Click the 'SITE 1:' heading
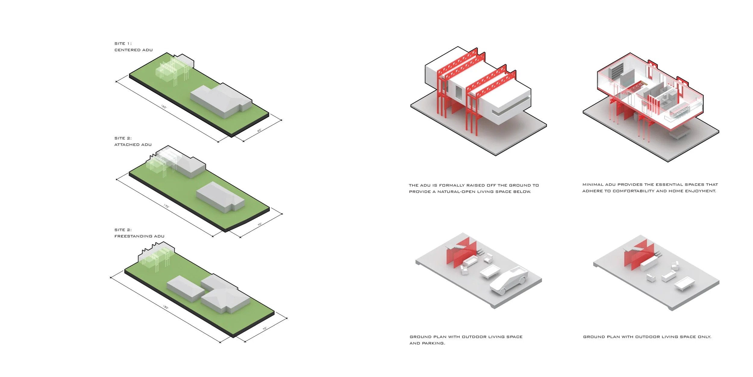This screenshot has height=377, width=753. coord(123,44)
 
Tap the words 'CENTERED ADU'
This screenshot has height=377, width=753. coord(133,50)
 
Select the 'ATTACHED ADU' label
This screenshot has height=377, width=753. coord(133,145)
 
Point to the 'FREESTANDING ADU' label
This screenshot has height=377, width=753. coord(139,236)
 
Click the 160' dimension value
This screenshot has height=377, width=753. coord(164,107)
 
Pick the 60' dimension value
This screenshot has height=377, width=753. coord(259,131)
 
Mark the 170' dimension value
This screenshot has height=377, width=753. coord(166,206)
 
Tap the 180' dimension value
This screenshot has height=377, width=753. coord(166,307)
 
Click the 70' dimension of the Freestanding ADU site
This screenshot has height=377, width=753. coord(264,328)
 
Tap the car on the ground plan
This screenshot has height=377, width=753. coord(509,280)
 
